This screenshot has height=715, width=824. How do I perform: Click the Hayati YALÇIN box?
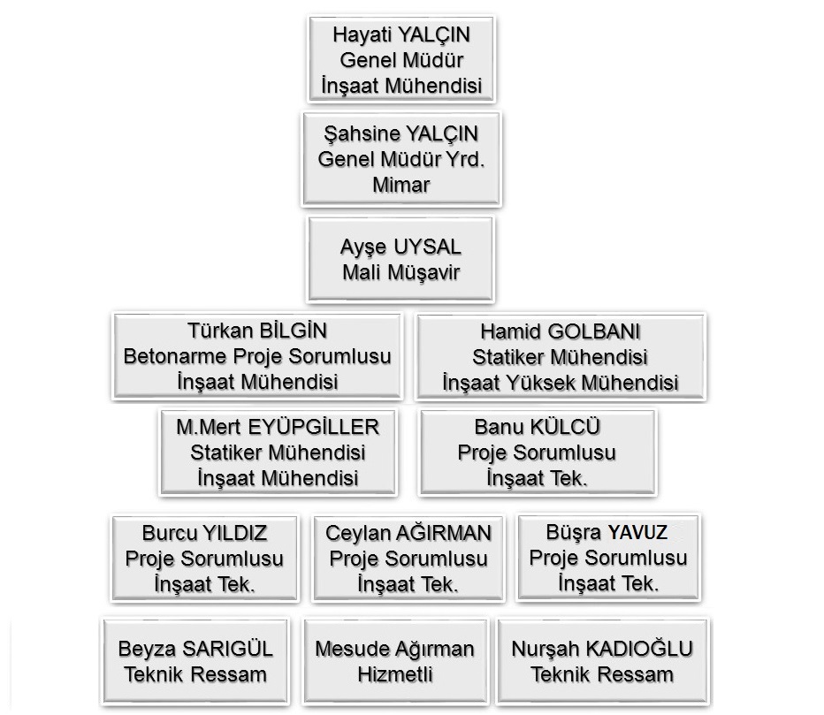(401, 59)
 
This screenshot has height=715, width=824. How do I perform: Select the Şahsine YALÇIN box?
(401, 159)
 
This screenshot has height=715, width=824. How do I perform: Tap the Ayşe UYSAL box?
(401, 260)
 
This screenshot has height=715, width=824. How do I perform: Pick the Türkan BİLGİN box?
(257, 356)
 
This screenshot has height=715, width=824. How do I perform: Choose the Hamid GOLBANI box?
(561, 357)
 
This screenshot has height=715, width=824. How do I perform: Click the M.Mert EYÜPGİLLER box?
(278, 453)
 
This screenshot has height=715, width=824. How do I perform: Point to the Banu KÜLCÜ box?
(537, 453)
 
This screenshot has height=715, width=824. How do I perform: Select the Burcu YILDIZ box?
(204, 558)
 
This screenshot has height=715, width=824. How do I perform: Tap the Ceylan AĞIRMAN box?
(408, 558)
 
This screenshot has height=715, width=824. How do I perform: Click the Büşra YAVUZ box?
(608, 558)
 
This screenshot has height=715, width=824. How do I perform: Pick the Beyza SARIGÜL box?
(195, 661)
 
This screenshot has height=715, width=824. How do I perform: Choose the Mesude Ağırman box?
(394, 661)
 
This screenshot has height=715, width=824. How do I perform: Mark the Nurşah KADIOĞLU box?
(602, 661)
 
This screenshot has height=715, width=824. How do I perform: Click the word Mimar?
(401, 185)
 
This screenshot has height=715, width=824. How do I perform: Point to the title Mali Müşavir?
(401, 273)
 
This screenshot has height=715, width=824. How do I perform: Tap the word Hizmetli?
(394, 674)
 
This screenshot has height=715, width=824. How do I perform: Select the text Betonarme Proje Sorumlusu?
(257, 357)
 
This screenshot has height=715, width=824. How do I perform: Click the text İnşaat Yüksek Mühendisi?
(561, 383)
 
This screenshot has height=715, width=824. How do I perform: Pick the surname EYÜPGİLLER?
(313, 427)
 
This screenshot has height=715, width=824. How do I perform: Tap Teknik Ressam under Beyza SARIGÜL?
(195, 674)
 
